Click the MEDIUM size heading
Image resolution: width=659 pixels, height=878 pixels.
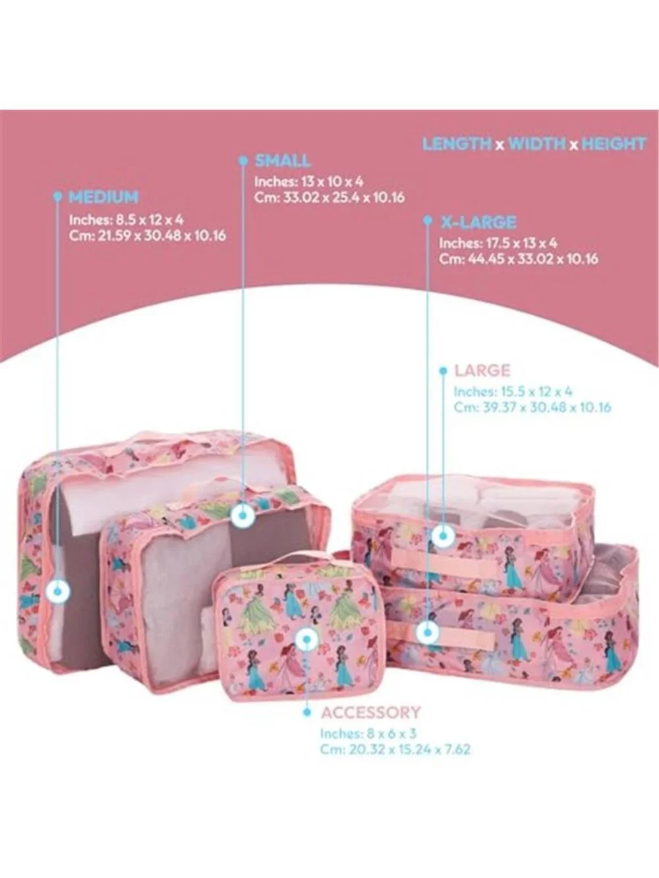[x=103, y=197]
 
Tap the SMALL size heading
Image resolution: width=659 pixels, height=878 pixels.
[x=283, y=161]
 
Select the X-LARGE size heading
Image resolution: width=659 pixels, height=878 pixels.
[x=478, y=222]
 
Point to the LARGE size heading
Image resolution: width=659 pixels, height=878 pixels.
[x=482, y=370]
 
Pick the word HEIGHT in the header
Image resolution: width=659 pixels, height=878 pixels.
[x=614, y=144]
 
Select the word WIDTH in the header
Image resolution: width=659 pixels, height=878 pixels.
[x=537, y=144]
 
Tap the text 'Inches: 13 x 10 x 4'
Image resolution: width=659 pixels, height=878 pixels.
[x=309, y=182]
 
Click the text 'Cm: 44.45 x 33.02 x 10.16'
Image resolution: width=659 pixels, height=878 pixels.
[x=519, y=259]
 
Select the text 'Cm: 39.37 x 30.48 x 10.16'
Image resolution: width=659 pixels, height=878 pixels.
[x=532, y=408]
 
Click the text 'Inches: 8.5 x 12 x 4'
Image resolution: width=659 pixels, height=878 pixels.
[x=127, y=219]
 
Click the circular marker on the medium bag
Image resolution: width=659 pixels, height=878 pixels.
[x=58, y=591]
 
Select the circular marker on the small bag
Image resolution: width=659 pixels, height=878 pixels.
[x=243, y=515]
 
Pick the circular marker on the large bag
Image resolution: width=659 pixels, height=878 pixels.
[x=443, y=535]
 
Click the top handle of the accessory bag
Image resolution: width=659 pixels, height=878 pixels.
[x=289, y=562]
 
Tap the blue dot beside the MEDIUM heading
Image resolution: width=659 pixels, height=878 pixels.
[x=58, y=196]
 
